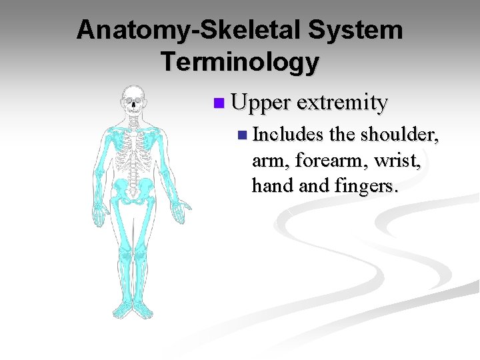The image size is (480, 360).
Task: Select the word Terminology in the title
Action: (x=240, y=62)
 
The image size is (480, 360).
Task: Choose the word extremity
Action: (x=342, y=103)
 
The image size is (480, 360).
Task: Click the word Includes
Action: (x=288, y=135)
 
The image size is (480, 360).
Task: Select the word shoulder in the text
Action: (x=399, y=135)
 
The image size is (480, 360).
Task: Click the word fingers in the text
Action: (x=365, y=185)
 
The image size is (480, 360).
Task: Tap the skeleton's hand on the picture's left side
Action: (x=99, y=213)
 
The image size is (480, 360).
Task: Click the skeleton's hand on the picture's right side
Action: (x=179, y=212)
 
